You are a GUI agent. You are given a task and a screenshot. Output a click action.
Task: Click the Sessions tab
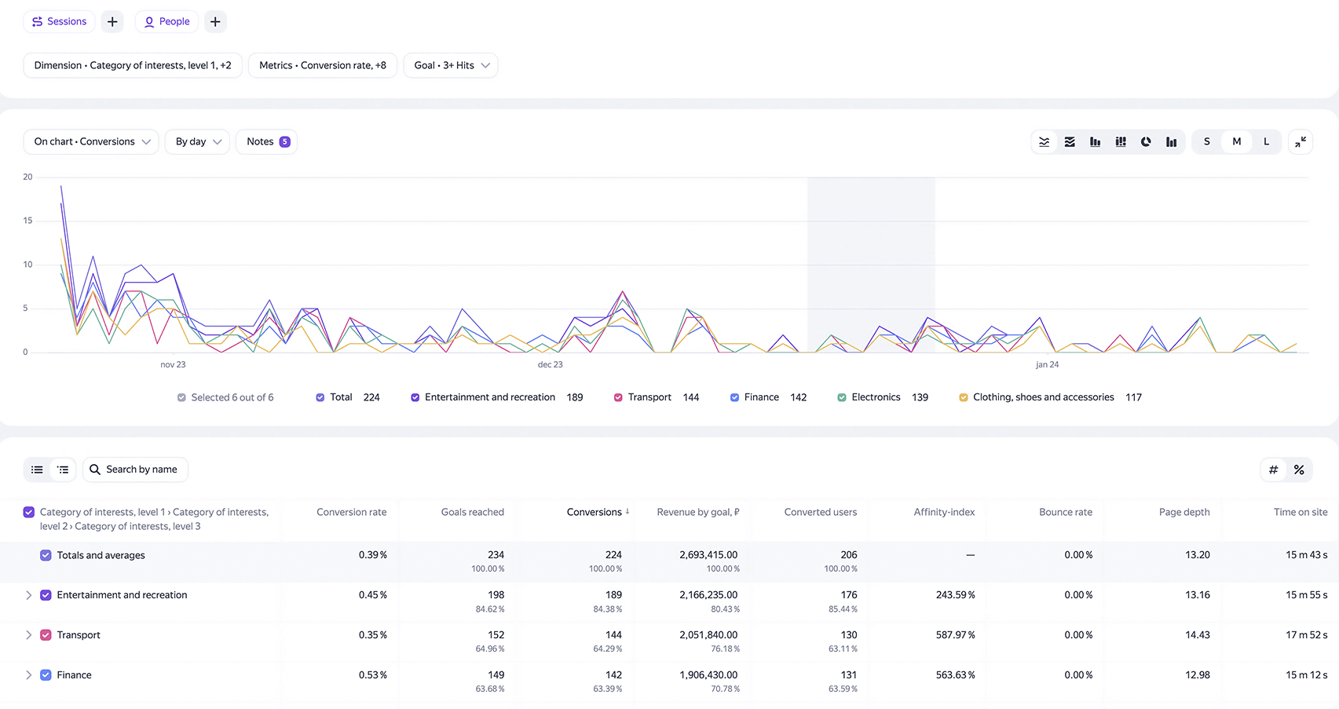[x=59, y=21]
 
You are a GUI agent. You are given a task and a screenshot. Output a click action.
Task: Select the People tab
[x=166, y=21]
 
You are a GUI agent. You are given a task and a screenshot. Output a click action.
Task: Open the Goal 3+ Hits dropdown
[x=451, y=65]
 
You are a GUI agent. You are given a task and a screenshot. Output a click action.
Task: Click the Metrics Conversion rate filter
[x=323, y=65]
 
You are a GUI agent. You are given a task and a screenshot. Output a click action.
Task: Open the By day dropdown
[x=197, y=141]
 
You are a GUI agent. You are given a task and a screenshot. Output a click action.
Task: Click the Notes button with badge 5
[x=266, y=141]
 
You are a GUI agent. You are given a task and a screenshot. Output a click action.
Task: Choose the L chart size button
[x=1266, y=141]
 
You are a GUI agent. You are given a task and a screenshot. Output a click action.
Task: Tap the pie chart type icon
[x=1146, y=141]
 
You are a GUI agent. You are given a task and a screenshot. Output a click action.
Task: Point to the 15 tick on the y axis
[x=27, y=221]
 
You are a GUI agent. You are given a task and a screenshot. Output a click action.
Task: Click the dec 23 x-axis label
[x=550, y=364]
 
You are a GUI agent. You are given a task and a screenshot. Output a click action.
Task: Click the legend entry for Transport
[x=657, y=397]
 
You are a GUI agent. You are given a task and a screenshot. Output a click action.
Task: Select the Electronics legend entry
[x=883, y=397]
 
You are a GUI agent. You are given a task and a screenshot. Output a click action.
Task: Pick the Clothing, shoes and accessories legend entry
[x=1050, y=397]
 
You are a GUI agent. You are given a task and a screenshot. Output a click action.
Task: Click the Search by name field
[x=135, y=470]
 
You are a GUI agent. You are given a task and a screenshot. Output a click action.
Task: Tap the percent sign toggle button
[x=1299, y=470]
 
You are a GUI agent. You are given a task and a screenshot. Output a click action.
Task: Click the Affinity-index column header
[x=944, y=512]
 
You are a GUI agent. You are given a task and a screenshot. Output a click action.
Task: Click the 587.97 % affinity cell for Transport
[x=955, y=635]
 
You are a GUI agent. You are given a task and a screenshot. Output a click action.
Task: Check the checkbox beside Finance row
[x=46, y=675]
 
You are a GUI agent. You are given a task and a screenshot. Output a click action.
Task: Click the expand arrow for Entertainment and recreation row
[x=28, y=595]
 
